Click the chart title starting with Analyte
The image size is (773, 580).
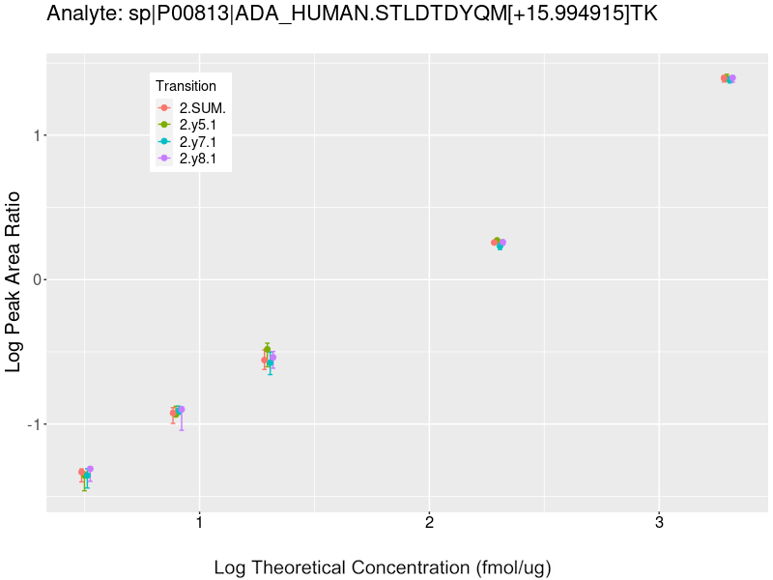(353, 14)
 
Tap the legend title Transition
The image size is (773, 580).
(186, 86)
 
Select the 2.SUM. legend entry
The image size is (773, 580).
(202, 108)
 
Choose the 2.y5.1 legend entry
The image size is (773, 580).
(204, 125)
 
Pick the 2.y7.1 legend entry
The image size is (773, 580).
(204, 142)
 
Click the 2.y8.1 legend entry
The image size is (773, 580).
(204, 159)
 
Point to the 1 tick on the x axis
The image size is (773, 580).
(199, 523)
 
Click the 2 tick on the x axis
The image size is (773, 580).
(428, 523)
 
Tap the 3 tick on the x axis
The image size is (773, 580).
(658, 523)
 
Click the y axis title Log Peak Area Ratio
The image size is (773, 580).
(14, 280)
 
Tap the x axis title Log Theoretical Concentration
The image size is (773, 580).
(382, 567)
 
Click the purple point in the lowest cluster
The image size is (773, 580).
(90, 469)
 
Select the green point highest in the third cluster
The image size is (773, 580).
(268, 350)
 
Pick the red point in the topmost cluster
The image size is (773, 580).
(724, 78)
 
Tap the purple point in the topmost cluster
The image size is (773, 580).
(732, 78)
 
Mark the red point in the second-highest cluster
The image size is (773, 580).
(494, 243)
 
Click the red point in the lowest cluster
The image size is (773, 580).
(81, 472)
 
